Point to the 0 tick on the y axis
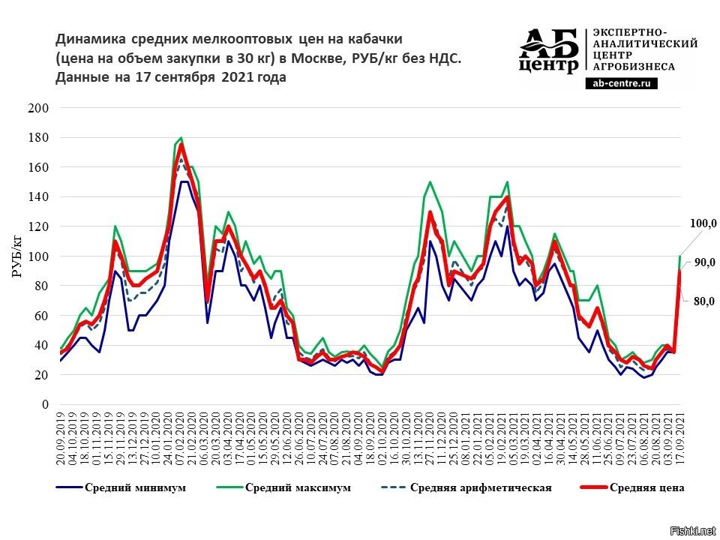pyautogui.click(x=45, y=404)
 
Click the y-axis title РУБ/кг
pyautogui.click(x=17, y=255)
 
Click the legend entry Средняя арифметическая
pyautogui.click(x=481, y=487)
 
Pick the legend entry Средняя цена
pyautogui.click(x=646, y=487)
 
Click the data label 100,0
pyautogui.click(x=703, y=223)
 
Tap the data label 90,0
pyautogui.click(x=703, y=262)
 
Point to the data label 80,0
pyautogui.click(x=703, y=301)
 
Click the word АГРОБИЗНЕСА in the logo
pyautogui.click(x=634, y=66)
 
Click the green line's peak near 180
pyautogui.click(x=181, y=138)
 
